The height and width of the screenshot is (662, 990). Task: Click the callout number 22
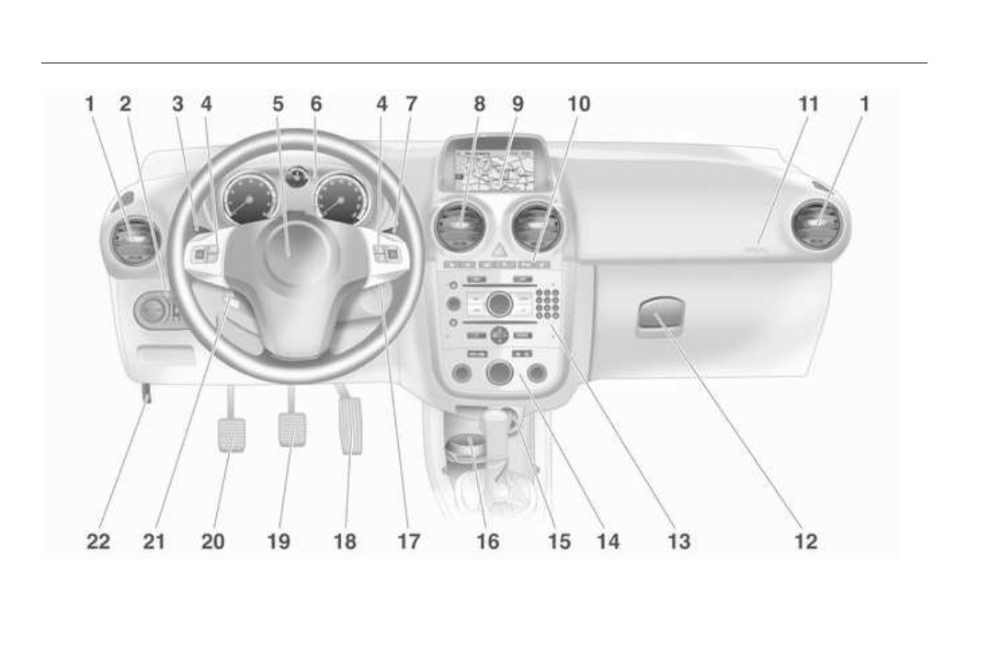pos(98,542)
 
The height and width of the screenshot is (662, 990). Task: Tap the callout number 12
pos(805,542)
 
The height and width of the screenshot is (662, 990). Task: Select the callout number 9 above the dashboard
pos(518,105)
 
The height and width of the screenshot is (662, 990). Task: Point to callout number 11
pos(808,105)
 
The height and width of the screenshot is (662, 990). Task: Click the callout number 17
pos(409,542)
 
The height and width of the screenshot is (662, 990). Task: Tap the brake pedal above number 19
pos(291,428)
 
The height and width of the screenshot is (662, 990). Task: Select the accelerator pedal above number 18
pos(350,424)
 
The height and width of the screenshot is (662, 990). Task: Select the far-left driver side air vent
pos(130,243)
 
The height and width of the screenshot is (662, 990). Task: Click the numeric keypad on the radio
pos(549,304)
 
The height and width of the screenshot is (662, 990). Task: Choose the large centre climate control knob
pos(499,373)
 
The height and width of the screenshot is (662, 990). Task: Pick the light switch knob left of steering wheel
pos(154,312)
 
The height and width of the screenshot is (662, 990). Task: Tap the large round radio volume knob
pos(499,303)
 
